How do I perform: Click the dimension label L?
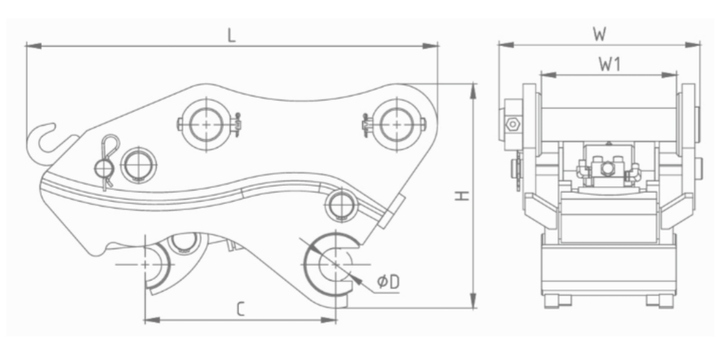pyautogui.click(x=232, y=36)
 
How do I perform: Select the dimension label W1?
pyautogui.click(x=610, y=65)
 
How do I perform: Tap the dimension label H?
pyautogui.click(x=462, y=196)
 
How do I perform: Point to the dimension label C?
pyautogui.click(x=240, y=309)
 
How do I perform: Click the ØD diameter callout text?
pyautogui.click(x=389, y=282)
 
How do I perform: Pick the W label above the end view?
pyautogui.click(x=600, y=35)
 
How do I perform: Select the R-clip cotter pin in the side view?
pyautogui.click(x=107, y=161)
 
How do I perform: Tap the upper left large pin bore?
pyautogui.click(x=206, y=125)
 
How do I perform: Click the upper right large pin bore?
pyautogui.click(x=396, y=125)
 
